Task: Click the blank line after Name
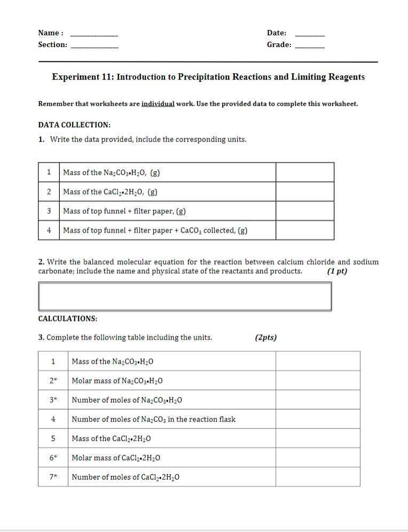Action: click(94, 34)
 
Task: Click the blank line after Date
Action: click(309, 34)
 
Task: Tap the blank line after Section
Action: click(95, 46)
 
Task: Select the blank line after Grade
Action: click(309, 46)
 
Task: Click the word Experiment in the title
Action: click(75, 77)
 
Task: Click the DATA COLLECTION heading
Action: click(74, 125)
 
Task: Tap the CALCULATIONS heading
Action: click(67, 319)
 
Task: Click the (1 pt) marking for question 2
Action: click(337, 271)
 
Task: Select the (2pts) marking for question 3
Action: click(266, 337)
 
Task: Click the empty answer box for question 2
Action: click(185, 296)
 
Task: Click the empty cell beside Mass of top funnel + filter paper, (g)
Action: click(304, 211)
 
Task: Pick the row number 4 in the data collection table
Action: click(49, 230)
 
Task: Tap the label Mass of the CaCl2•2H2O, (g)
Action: click(110, 192)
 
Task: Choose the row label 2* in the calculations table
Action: click(53, 381)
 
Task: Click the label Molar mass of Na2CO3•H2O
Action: click(117, 381)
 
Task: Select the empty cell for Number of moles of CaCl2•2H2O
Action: click(317, 477)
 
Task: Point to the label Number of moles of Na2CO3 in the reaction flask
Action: click(153, 419)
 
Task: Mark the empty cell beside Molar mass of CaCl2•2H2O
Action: click(317, 458)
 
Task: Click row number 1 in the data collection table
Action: click(49, 172)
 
